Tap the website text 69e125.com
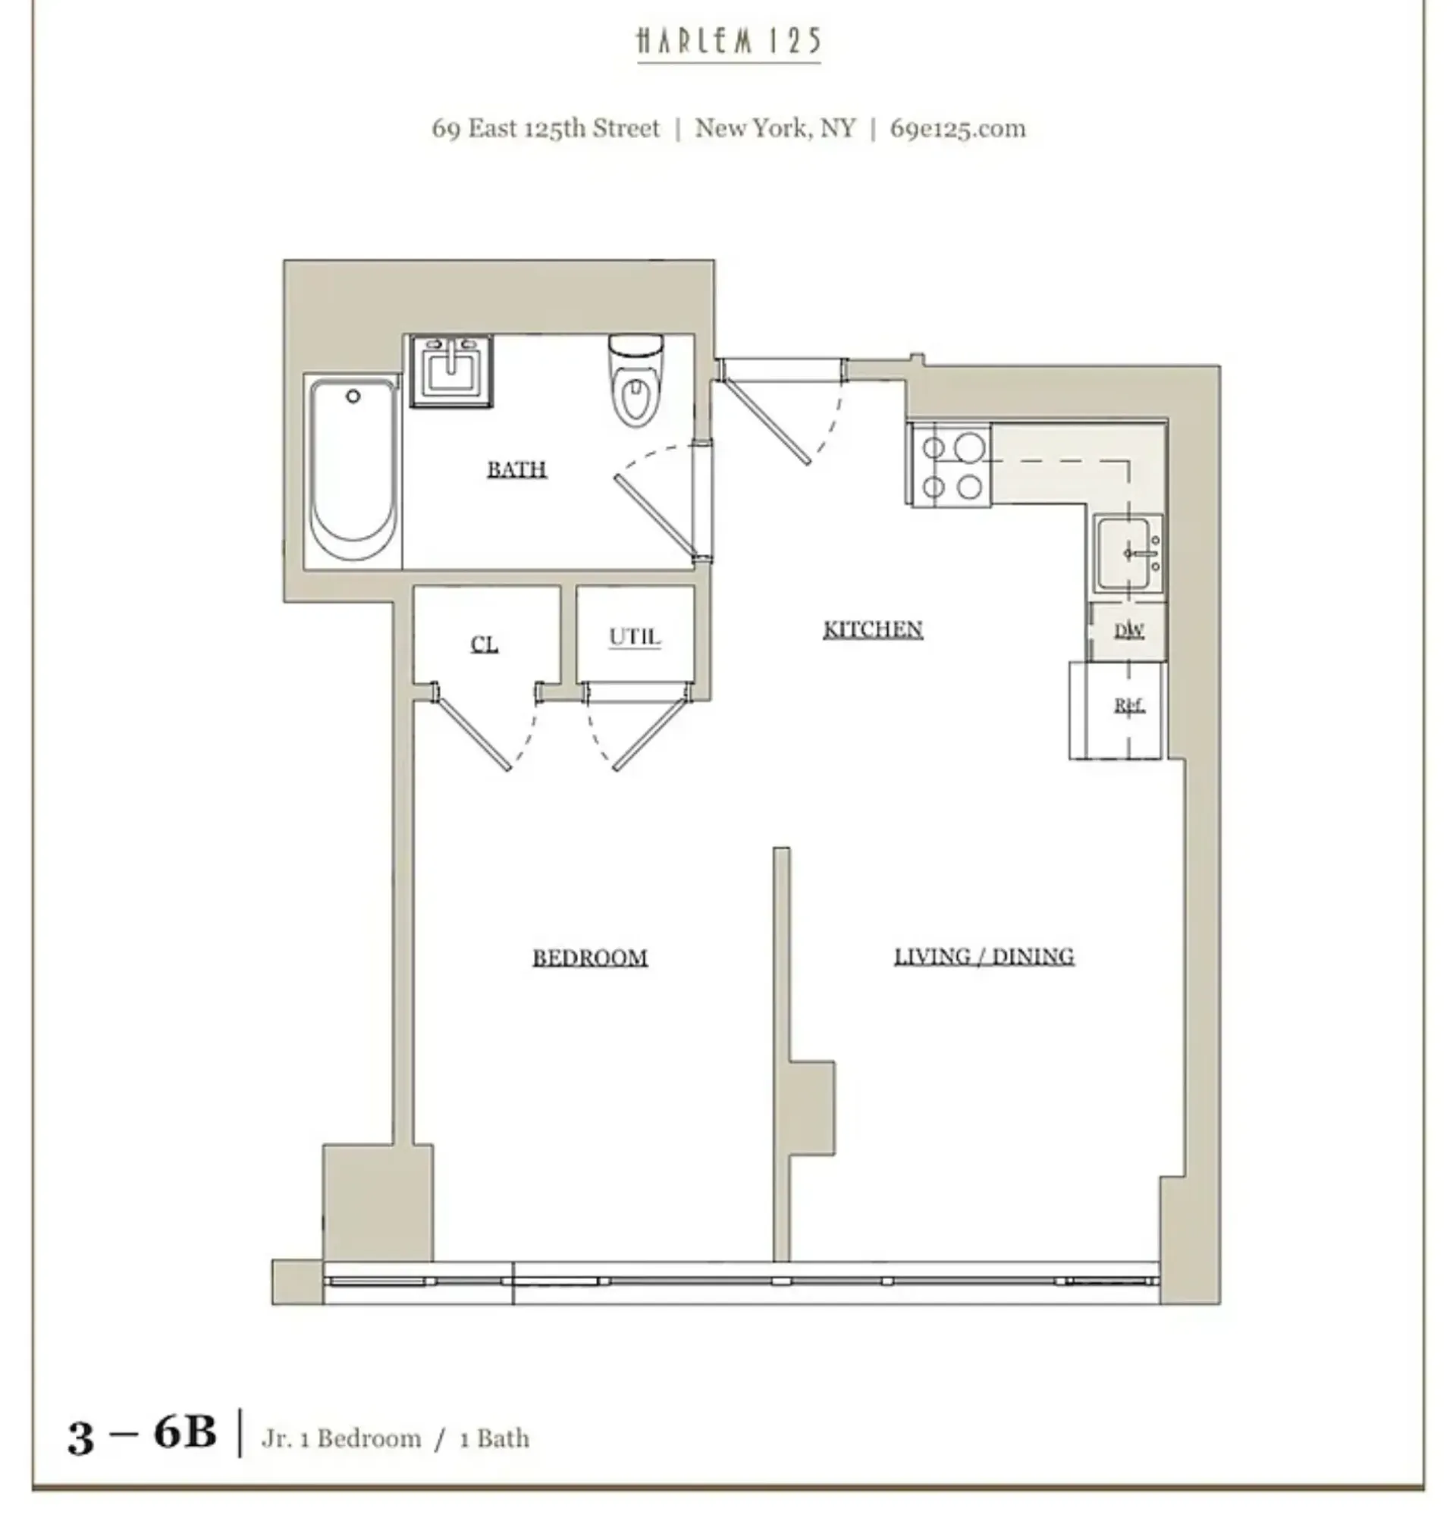click(957, 128)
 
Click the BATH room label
click(516, 469)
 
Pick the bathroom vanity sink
click(450, 370)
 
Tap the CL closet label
click(484, 644)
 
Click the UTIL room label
click(634, 637)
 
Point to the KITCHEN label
click(872, 629)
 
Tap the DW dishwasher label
click(1128, 630)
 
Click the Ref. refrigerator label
click(1128, 705)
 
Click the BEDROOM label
click(589, 958)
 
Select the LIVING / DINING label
click(984, 956)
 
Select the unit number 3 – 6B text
click(142, 1434)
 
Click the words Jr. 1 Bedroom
click(341, 1438)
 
